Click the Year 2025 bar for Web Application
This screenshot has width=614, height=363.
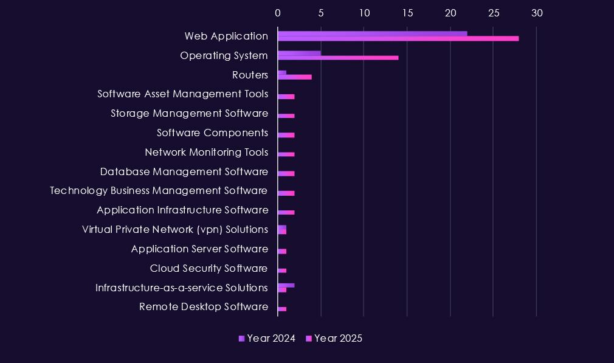click(x=398, y=38)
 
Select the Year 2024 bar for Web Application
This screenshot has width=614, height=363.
click(x=372, y=33)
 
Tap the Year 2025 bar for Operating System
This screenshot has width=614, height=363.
click(x=338, y=58)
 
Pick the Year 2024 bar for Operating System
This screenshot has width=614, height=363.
click(x=299, y=53)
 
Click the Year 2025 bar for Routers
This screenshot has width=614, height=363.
click(x=295, y=77)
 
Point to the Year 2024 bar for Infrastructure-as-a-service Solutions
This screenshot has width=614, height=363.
click(x=286, y=285)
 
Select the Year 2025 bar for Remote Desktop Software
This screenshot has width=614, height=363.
click(x=282, y=309)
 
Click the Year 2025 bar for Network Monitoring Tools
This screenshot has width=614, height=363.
click(x=286, y=154)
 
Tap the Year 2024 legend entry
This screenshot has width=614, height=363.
click(x=267, y=339)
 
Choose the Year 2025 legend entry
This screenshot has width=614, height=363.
click(x=334, y=339)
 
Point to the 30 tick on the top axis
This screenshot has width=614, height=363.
click(x=536, y=13)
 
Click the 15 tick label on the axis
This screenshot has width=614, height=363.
click(x=407, y=13)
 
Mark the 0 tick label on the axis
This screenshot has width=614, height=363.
click(x=278, y=13)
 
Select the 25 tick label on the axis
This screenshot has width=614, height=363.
click(x=493, y=13)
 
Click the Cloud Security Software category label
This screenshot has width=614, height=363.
click(x=209, y=268)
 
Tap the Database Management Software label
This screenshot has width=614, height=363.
click(x=184, y=171)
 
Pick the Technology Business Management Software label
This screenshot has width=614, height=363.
click(x=159, y=191)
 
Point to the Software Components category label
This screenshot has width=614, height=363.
click(x=212, y=133)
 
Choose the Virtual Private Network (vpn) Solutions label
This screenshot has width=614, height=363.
click(x=174, y=229)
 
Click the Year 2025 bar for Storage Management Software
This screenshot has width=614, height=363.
click(x=286, y=116)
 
